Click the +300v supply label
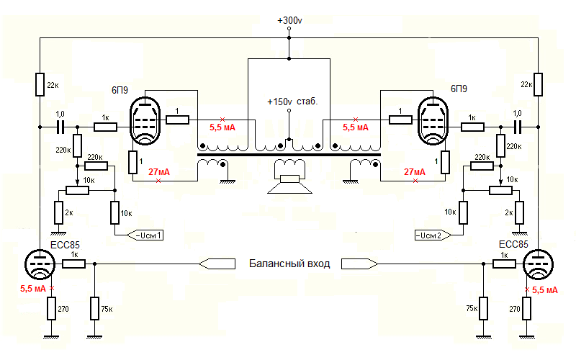(289, 20)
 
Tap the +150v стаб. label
(292, 102)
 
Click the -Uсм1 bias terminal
(145, 235)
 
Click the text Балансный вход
(289, 264)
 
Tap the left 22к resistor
(39, 84)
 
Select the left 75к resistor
(94, 308)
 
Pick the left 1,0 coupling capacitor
(61, 127)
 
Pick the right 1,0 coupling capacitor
(517, 127)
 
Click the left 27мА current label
(158, 172)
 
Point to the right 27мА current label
(415, 172)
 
